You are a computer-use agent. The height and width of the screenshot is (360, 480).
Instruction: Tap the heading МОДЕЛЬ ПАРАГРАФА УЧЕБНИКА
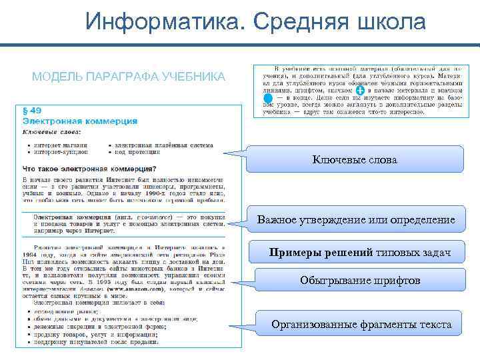pos(129,77)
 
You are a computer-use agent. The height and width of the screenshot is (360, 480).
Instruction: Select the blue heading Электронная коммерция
pos(80,121)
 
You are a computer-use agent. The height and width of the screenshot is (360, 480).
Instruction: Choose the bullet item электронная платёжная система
pos(164,144)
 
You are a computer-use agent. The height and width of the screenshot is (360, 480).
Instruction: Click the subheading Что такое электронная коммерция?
pos(90,168)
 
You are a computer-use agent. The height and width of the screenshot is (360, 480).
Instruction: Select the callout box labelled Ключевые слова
pos(354,160)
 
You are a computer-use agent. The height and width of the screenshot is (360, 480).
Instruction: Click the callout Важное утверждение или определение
pos(357,220)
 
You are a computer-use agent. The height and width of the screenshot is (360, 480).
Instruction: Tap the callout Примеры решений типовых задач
pos(360,253)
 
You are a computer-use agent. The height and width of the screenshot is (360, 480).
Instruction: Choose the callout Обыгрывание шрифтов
pos(360,281)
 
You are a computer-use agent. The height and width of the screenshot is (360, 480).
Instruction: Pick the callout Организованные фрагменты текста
pos(361,325)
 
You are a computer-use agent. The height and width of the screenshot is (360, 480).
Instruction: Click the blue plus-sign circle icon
pos(360,90)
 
